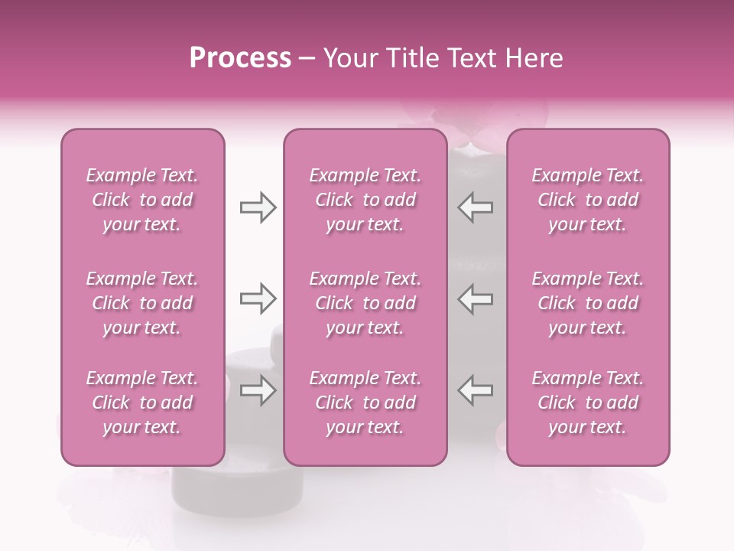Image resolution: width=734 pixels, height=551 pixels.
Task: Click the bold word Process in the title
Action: click(x=240, y=58)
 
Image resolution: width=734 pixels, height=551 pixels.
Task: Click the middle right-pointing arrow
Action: click(x=258, y=298)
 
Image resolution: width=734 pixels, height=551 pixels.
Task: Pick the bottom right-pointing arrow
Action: click(x=258, y=390)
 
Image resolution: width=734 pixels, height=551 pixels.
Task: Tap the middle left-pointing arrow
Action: click(x=476, y=298)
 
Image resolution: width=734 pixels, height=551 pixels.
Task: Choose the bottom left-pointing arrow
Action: click(x=476, y=390)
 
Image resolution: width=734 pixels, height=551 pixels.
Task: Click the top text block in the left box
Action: click(x=142, y=200)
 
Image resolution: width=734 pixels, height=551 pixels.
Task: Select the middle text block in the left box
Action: click(x=142, y=303)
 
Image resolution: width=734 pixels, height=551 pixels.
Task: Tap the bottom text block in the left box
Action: click(x=142, y=403)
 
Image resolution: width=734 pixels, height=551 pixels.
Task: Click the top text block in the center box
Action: click(x=365, y=200)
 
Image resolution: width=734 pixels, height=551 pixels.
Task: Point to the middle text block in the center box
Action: click(x=365, y=303)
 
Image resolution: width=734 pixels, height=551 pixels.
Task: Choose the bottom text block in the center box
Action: click(x=365, y=403)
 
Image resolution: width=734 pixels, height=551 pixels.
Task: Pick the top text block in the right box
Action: click(x=588, y=200)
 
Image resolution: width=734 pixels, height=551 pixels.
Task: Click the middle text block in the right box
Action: click(x=588, y=303)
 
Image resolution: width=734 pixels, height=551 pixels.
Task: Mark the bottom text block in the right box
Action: click(x=588, y=403)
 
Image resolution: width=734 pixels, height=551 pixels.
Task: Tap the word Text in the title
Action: click(x=476, y=58)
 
